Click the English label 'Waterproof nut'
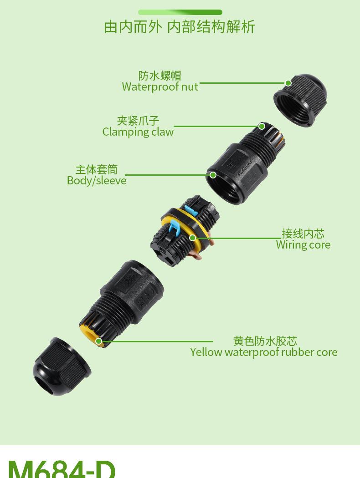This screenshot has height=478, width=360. click(160, 86)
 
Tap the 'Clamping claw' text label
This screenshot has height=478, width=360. click(138, 132)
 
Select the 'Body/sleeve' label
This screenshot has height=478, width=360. click(97, 180)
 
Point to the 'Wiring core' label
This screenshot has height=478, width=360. click(303, 245)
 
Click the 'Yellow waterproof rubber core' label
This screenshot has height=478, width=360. click(263, 352)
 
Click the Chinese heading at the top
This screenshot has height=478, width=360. click(180, 27)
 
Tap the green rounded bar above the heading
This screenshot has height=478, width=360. click(180, 12)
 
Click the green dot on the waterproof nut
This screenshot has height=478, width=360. click(288, 83)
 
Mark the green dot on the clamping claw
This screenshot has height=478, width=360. click(262, 126)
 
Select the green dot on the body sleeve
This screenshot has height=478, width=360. click(213, 175)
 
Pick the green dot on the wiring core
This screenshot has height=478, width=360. click(193, 238)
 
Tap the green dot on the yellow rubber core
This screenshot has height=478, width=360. click(98, 341)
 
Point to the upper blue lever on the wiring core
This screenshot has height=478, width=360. click(192, 207)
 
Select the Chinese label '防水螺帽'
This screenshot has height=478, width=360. click(160, 75)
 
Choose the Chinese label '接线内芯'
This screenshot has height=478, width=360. click(303, 234)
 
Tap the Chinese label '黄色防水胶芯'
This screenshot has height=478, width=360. click(265, 341)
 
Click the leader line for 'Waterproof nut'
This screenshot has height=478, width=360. click(242, 83)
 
